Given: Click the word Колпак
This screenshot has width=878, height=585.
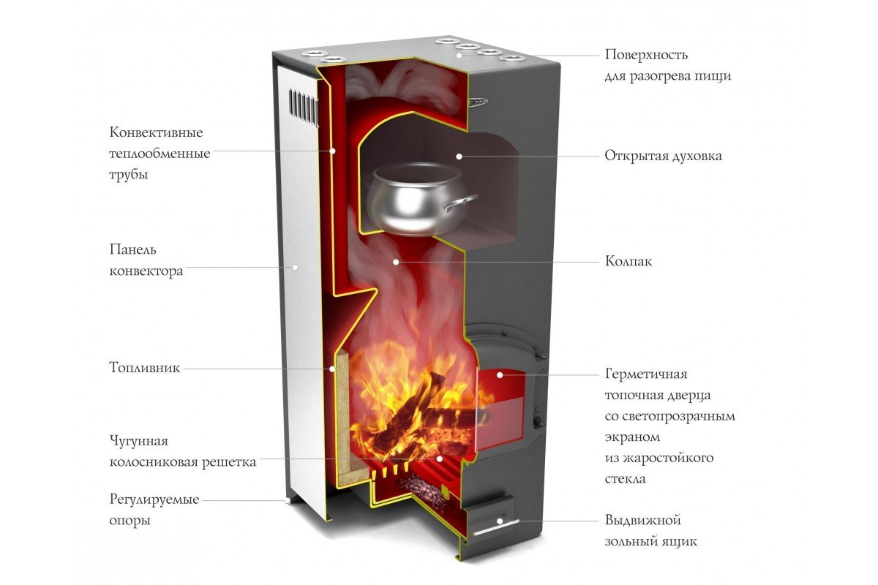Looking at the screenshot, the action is (629, 261).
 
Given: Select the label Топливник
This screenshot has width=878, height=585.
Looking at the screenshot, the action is (145, 368).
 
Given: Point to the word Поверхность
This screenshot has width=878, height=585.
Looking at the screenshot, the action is (646, 54).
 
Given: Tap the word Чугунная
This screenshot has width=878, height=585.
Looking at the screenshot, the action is (139, 441).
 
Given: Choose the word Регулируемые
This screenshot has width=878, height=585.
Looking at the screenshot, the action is (154, 500).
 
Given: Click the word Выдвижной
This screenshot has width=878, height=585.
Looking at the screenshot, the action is (643, 521).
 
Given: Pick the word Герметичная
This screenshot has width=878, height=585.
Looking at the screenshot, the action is (646, 374).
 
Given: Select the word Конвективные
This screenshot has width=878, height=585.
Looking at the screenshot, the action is (156, 132).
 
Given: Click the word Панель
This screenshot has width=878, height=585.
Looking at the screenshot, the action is (132, 249).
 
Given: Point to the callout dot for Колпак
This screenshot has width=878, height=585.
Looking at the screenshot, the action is (397, 262).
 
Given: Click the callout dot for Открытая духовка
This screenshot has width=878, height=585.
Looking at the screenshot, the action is (459, 156).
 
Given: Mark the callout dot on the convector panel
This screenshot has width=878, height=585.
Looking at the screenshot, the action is (295, 267).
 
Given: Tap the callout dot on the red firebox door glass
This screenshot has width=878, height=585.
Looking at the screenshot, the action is (500, 375).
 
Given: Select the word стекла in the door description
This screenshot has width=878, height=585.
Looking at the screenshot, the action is (625, 479).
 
